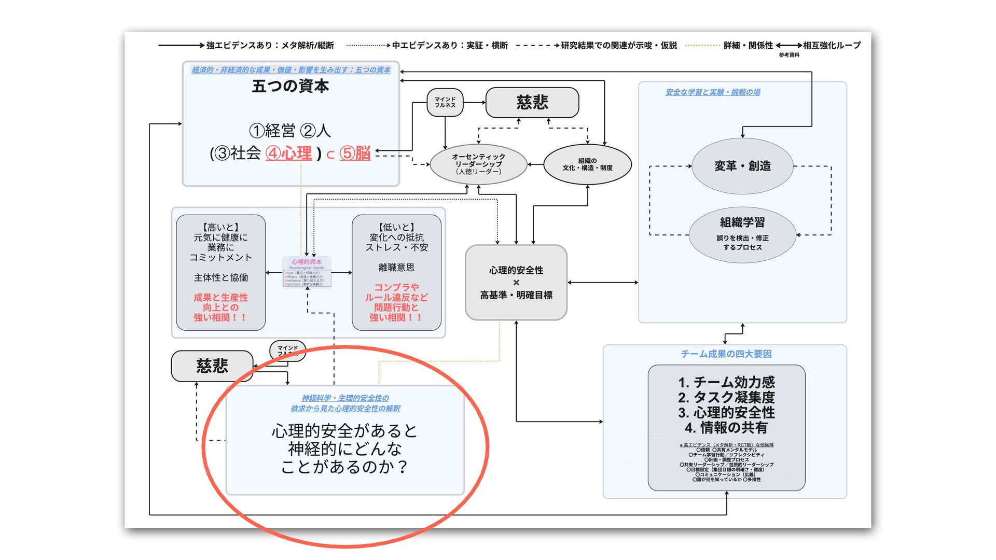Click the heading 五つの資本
click(x=290, y=86)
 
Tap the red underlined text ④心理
click(x=289, y=153)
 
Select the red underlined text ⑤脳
click(x=355, y=153)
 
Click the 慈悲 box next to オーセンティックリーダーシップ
click(x=532, y=102)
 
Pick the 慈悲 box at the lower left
click(x=212, y=366)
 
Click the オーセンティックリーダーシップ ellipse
click(x=478, y=164)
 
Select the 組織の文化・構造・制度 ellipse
click(x=587, y=164)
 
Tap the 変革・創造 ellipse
click(x=742, y=166)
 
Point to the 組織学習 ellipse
click(x=742, y=235)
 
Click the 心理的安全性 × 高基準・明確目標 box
click(x=516, y=283)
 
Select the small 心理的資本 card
click(x=307, y=272)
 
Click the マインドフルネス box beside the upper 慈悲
click(x=445, y=102)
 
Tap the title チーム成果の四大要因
click(x=726, y=354)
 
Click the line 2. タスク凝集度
click(x=726, y=398)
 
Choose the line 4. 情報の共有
click(x=726, y=428)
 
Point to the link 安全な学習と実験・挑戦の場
click(x=713, y=92)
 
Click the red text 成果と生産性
click(x=220, y=298)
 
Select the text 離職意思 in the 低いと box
click(x=396, y=268)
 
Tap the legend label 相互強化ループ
click(x=832, y=46)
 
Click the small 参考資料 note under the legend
click(x=789, y=55)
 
